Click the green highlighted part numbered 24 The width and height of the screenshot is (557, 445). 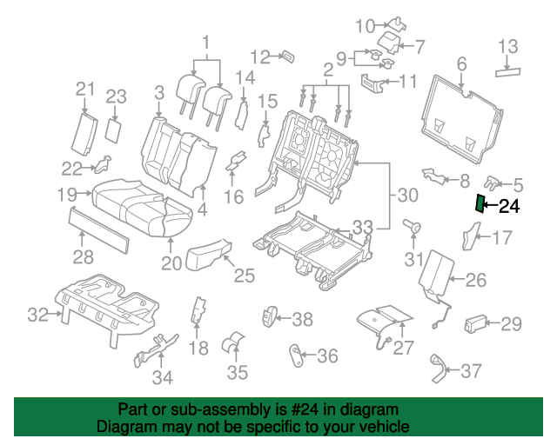tap(480, 204)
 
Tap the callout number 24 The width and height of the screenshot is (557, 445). tap(509, 206)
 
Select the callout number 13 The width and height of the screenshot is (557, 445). tap(507, 46)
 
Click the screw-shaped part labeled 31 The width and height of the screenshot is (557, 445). tap(413, 226)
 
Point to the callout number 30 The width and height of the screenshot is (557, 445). tap(408, 195)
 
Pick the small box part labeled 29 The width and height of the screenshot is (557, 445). tap(476, 324)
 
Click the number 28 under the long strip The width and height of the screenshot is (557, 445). tap(84, 256)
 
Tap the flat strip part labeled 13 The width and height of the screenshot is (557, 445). tap(507, 72)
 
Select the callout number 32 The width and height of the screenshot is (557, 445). tap(38, 315)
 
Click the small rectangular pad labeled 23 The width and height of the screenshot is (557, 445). tap(114, 131)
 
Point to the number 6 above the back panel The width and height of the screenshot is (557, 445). tap(461, 63)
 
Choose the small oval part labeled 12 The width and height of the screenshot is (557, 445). tap(288, 56)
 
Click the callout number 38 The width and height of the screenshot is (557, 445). tap(302, 319)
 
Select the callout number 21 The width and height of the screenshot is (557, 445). tap(85, 89)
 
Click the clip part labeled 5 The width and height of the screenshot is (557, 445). tap(491, 182)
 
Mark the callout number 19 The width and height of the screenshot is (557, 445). tap(67, 195)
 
